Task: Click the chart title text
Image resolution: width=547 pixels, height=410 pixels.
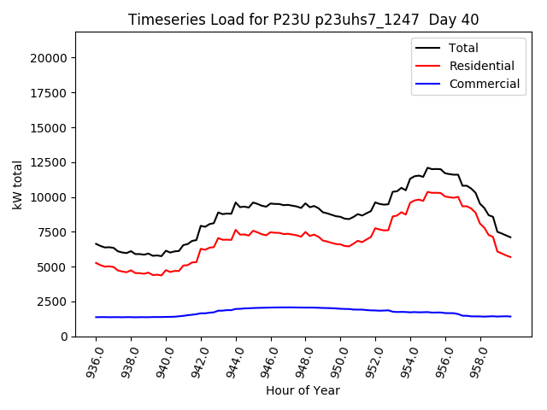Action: pyautogui.click(x=303, y=20)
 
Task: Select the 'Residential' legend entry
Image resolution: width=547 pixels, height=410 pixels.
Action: pyautogui.click(x=482, y=66)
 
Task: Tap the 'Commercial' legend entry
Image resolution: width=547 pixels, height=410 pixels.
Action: pyautogui.click(x=485, y=84)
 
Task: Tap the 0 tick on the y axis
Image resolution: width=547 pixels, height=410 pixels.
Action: pyautogui.click(x=64, y=337)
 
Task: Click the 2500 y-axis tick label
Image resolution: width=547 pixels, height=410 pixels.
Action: pyautogui.click(x=52, y=302)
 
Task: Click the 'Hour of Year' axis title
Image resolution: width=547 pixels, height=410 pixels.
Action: pyautogui.click(x=303, y=390)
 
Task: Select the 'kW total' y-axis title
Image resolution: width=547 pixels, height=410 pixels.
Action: pyautogui.click(x=17, y=184)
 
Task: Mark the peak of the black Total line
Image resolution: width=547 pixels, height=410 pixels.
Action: pyautogui.click(x=428, y=167)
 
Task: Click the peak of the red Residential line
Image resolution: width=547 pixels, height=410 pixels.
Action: pyautogui.click(x=428, y=192)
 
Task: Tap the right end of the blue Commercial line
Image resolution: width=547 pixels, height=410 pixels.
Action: pyautogui.click(x=510, y=317)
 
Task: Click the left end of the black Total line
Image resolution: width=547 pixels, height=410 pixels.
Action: pyautogui.click(x=96, y=243)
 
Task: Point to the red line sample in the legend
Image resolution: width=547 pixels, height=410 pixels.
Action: pyautogui.click(x=428, y=66)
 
